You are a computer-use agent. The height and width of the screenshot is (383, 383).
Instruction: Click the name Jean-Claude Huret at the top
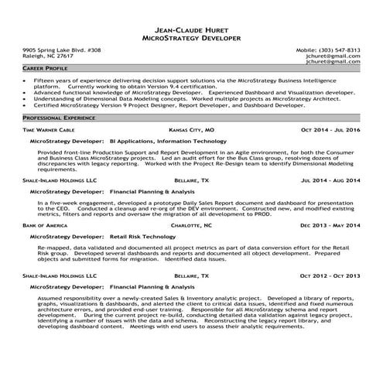pyautogui.click(x=191, y=29)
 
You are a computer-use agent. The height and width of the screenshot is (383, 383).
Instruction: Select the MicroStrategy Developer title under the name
pyautogui.click(x=191, y=37)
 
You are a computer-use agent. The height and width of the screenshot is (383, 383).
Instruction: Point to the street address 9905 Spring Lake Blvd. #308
pyautogui.click(x=62, y=50)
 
